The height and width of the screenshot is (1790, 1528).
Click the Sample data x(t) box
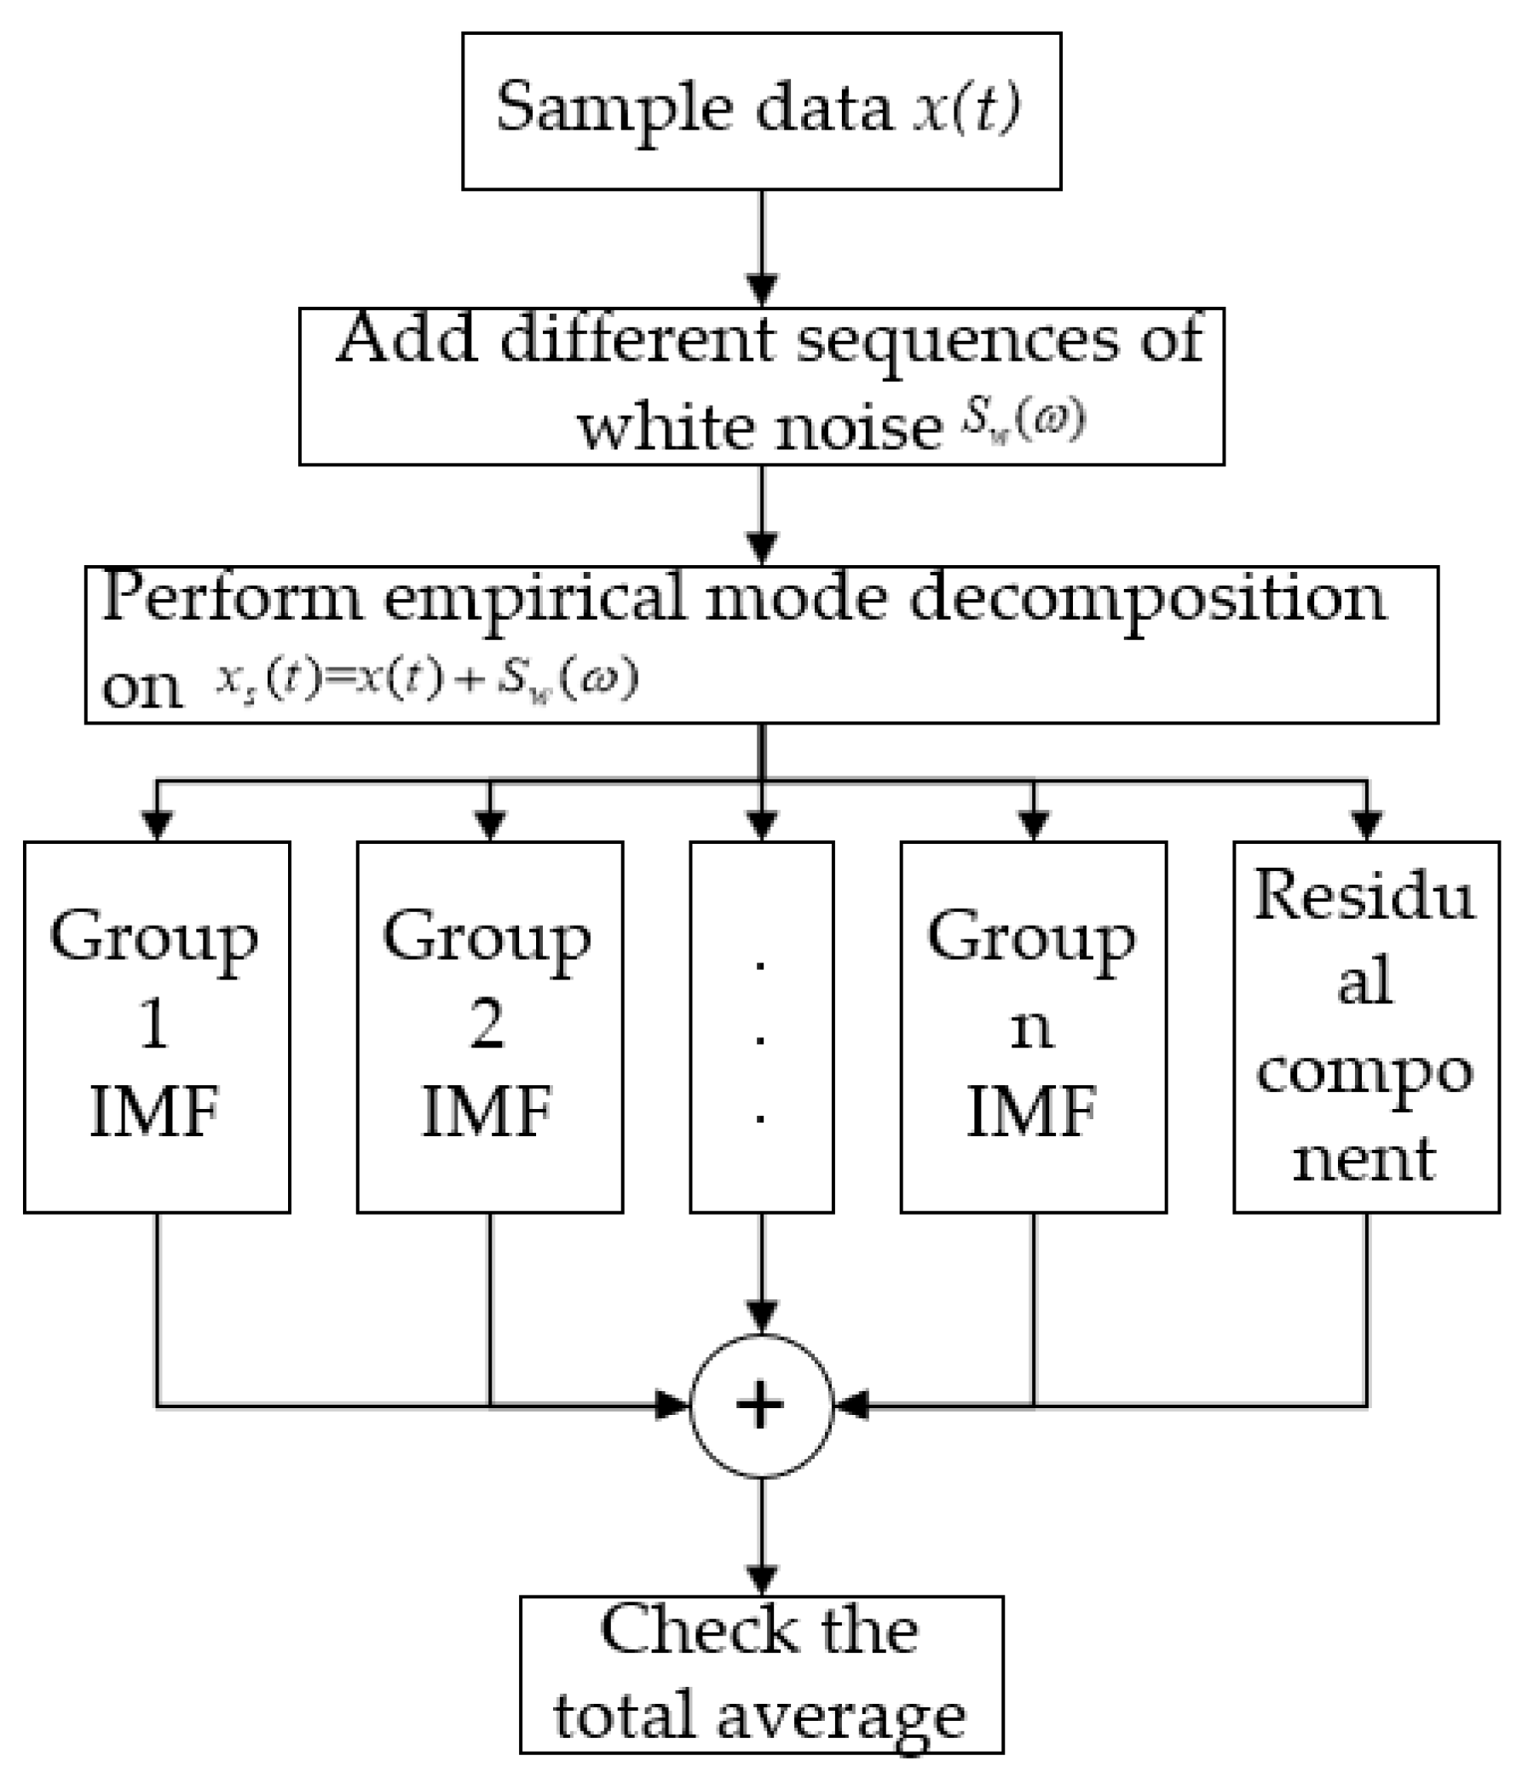pos(760,111)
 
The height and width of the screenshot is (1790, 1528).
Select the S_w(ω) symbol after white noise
pos(1024,421)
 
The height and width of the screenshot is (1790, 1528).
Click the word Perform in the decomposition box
pos(232,598)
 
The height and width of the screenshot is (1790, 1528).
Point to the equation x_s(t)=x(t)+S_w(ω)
pos(427,680)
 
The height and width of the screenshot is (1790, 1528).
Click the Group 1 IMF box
pos(156,1026)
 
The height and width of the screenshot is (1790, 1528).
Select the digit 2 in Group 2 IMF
pos(487,1025)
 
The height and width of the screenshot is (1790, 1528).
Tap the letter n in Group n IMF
pos(1031,1028)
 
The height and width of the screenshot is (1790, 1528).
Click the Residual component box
pos(1364,1026)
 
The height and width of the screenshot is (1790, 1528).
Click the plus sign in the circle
pos(760,1406)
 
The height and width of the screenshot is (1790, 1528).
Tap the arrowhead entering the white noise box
pos(761,292)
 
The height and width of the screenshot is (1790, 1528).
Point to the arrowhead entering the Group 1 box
pos(156,825)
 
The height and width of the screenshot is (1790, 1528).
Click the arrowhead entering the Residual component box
pos(1365,825)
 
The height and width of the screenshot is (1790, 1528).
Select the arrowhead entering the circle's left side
pos(673,1406)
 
